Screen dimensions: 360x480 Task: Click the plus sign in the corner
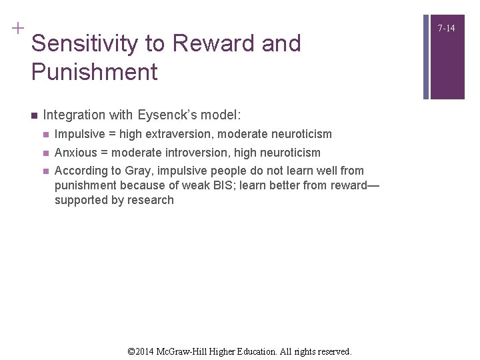[x=17, y=28]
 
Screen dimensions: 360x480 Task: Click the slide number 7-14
[x=447, y=28]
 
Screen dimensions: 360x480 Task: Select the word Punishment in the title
[x=94, y=72]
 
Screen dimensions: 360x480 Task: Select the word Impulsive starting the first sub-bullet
[x=81, y=134]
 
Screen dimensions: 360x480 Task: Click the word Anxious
[x=76, y=153]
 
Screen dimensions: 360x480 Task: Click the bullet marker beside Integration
[x=33, y=115]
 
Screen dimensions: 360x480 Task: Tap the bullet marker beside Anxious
[x=45, y=153]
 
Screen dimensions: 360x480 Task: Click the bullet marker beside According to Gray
[x=45, y=171]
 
